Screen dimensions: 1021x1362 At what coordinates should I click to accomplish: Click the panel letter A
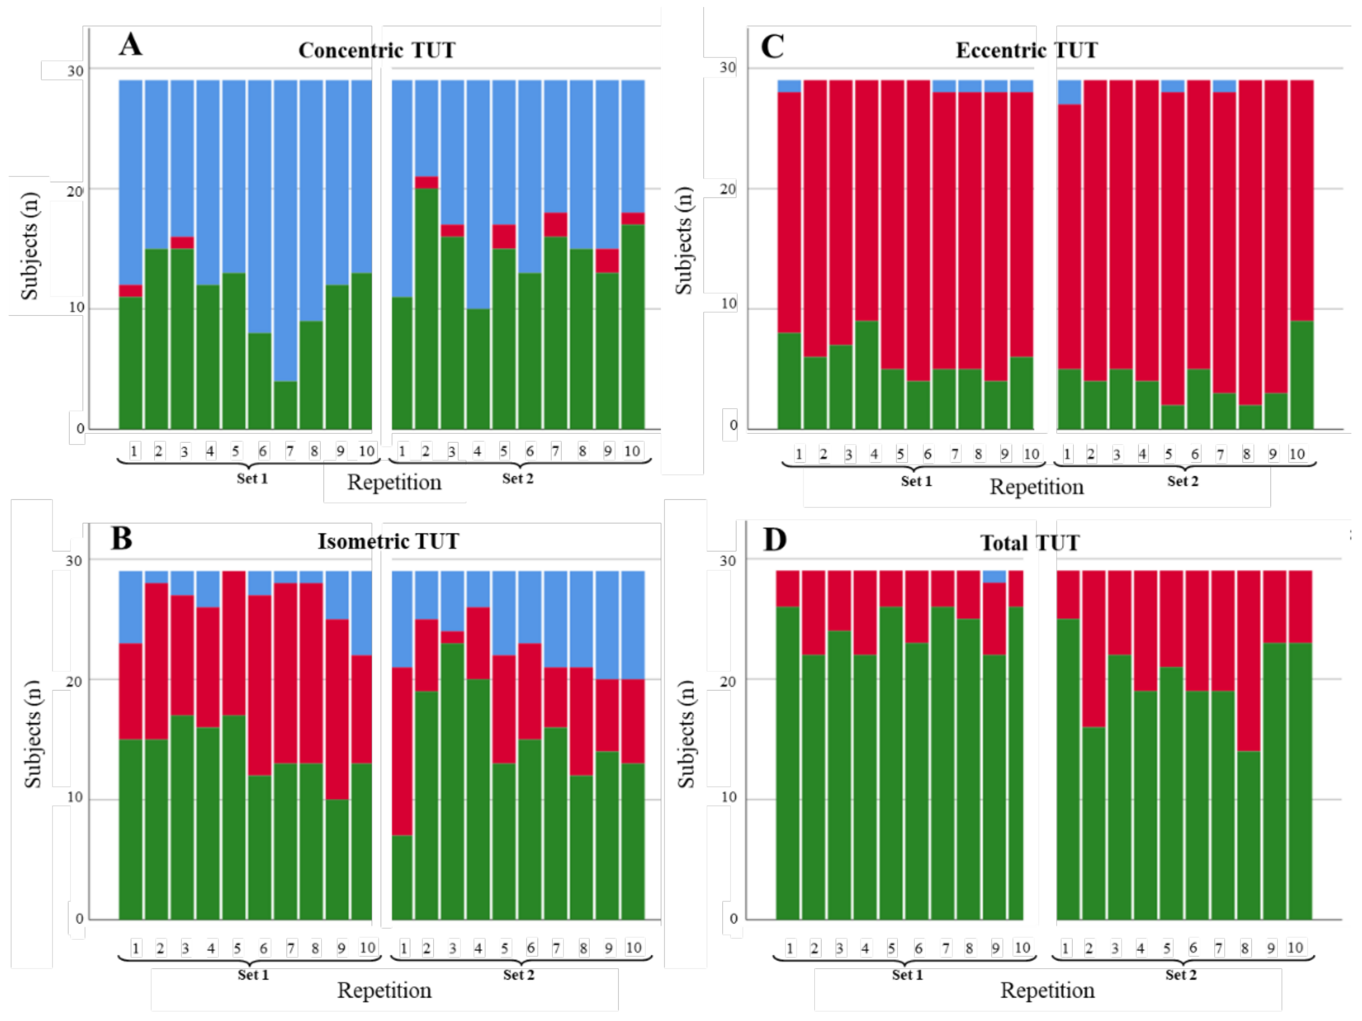(x=131, y=45)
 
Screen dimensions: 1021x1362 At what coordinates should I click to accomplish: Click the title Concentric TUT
(x=377, y=50)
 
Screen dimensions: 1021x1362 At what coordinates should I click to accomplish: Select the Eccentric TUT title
(x=1026, y=50)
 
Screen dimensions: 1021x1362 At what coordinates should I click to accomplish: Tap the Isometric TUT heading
(x=388, y=541)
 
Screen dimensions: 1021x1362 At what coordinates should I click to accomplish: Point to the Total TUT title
(x=1029, y=543)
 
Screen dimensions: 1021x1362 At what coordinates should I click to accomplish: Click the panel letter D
(x=775, y=539)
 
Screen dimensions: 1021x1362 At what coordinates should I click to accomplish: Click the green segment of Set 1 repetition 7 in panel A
(x=286, y=405)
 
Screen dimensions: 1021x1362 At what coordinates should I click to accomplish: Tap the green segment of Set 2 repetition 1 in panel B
(x=402, y=877)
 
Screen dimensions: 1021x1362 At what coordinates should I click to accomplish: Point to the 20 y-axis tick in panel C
(x=728, y=189)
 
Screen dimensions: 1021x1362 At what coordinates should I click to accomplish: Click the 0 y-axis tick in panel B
(x=79, y=919)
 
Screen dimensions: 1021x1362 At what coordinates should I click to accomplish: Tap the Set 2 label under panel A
(x=517, y=478)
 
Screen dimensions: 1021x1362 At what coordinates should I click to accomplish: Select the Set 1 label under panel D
(x=907, y=975)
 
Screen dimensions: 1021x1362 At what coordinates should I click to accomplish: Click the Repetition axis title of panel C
(x=1036, y=487)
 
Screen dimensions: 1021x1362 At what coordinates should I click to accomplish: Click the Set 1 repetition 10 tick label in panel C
(x=1031, y=454)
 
